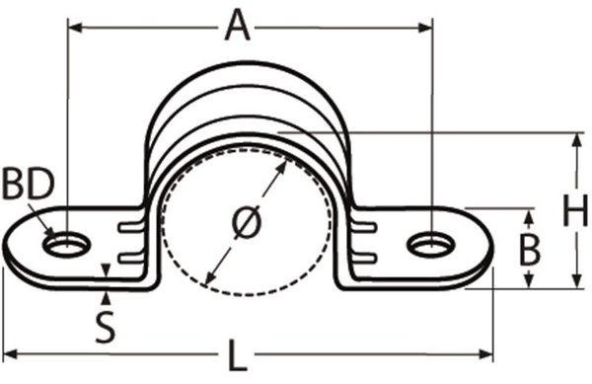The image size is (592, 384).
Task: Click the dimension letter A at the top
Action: pos(236,25)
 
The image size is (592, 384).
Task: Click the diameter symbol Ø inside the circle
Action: pos(246,223)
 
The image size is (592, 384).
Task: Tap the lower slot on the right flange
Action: pos(364,258)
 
